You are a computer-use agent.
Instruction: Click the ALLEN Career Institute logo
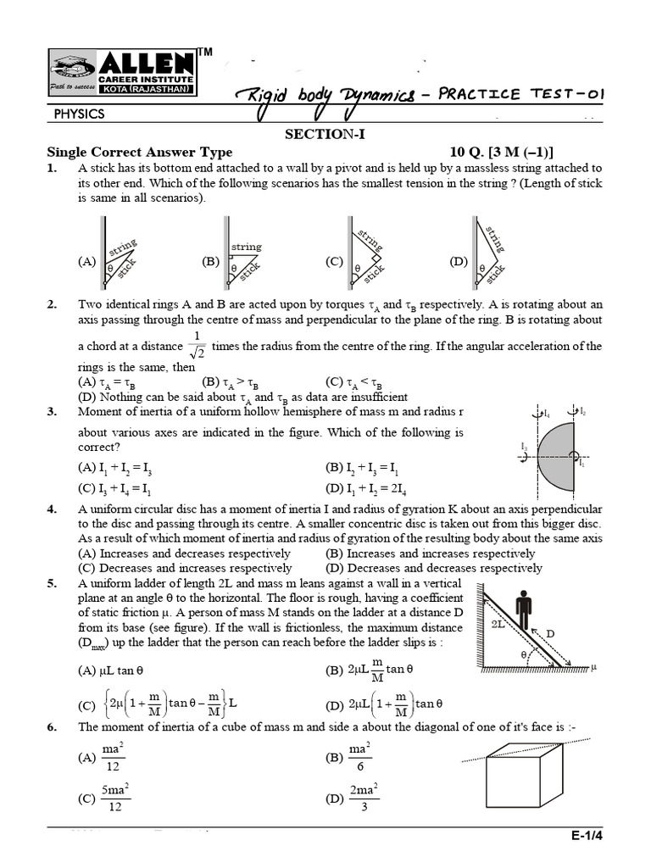tap(122, 73)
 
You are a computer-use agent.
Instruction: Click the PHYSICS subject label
tap(79, 113)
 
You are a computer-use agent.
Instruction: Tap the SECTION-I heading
tap(325, 135)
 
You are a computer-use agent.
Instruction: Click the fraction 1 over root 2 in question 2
tap(199, 347)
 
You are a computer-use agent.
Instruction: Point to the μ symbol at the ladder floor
tap(594, 667)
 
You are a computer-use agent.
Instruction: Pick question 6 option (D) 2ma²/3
tap(353, 798)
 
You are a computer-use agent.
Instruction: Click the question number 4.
tap(53, 509)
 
